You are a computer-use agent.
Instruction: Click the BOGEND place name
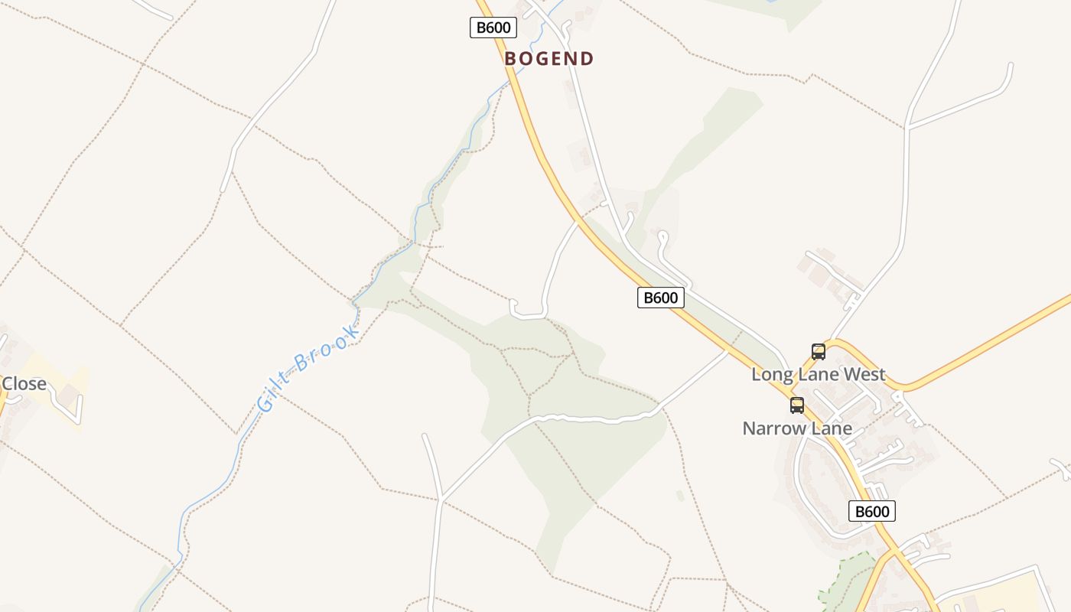(x=549, y=59)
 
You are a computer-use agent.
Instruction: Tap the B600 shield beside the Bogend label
(x=493, y=28)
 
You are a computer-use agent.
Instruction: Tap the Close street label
(x=24, y=383)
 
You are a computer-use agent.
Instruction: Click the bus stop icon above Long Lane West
(x=819, y=352)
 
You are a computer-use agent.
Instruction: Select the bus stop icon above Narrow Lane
(x=797, y=405)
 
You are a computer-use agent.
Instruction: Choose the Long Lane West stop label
(x=818, y=375)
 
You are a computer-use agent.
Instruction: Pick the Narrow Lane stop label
(x=797, y=428)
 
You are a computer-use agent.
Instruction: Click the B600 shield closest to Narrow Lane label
(x=871, y=511)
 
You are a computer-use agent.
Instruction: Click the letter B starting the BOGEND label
(x=510, y=59)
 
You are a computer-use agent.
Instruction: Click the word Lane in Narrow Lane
(x=831, y=428)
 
